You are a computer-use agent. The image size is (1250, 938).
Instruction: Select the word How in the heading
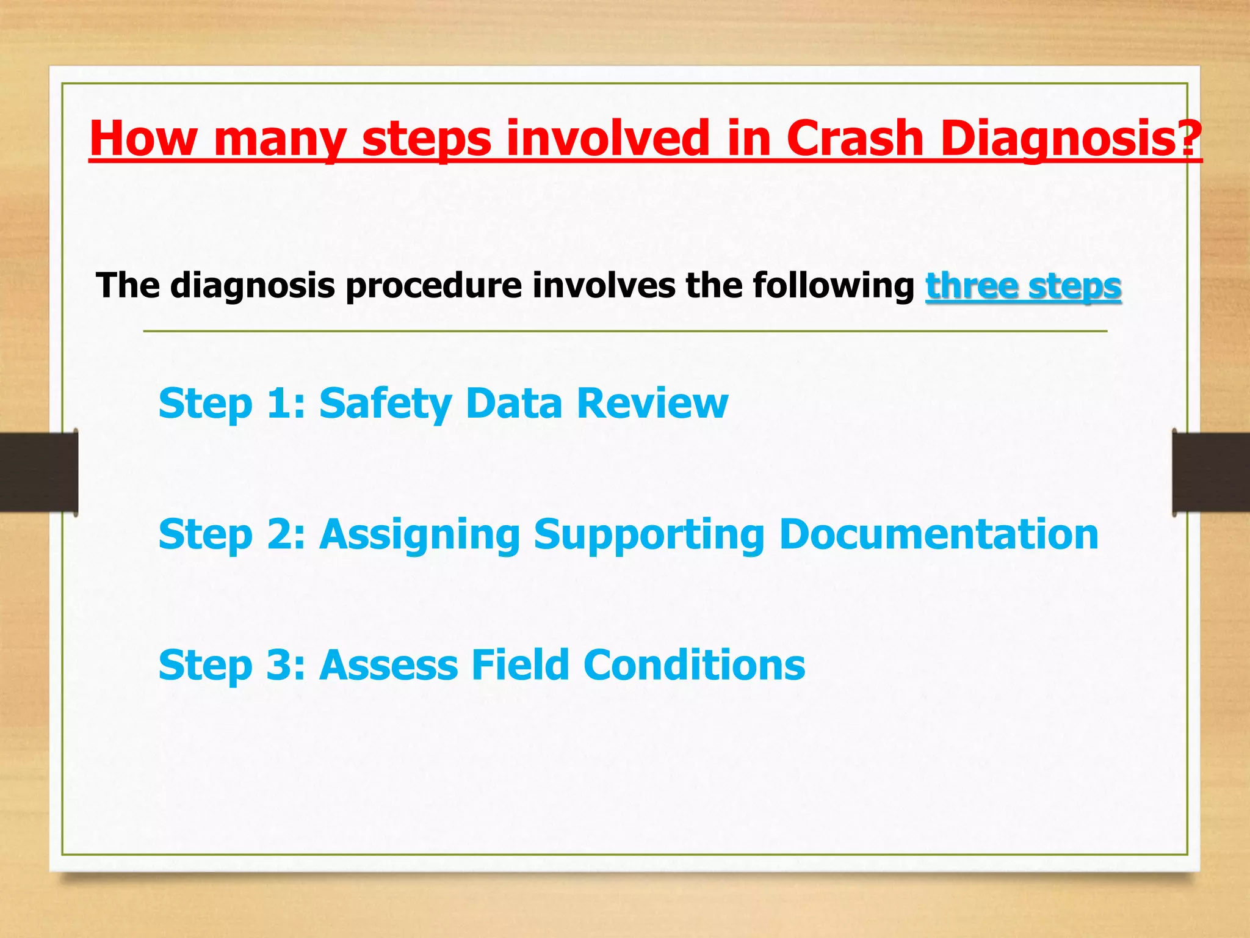click(x=142, y=139)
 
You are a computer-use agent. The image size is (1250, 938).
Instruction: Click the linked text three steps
click(x=1023, y=286)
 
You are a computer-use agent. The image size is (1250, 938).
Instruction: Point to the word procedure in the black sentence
click(x=433, y=286)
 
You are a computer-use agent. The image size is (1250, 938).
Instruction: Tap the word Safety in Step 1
click(x=386, y=404)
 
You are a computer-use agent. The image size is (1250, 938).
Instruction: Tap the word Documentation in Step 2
click(x=939, y=534)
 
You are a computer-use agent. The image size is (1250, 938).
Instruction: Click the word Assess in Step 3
click(x=388, y=665)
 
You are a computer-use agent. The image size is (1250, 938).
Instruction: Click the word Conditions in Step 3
click(x=694, y=665)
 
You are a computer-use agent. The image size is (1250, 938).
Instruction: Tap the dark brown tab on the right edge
click(x=1211, y=472)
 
